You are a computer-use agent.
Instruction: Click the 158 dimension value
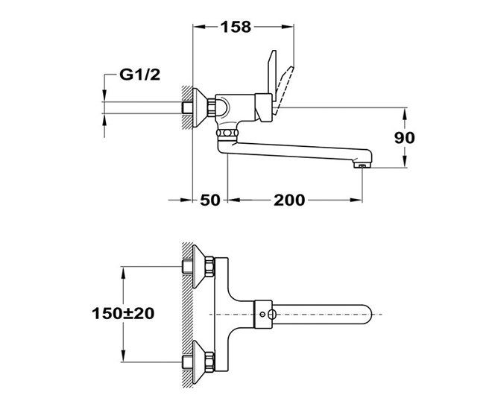point(236,27)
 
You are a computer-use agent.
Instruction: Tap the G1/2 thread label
point(139,75)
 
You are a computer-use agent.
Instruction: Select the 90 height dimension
point(405,138)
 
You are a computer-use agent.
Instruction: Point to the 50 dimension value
point(210,200)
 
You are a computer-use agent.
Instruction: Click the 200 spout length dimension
point(289,200)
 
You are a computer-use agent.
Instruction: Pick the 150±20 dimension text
point(123,313)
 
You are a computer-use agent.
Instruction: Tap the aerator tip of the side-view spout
point(362,165)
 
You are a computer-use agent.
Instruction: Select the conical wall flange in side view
point(199,107)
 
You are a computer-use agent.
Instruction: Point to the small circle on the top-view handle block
point(262,314)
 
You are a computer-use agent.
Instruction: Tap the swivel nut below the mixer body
point(227,133)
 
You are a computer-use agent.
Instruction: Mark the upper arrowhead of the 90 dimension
point(405,113)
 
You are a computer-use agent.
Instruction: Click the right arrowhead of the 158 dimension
point(288,27)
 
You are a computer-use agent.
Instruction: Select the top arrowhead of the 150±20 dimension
point(123,273)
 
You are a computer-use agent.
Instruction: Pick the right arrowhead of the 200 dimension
point(356,200)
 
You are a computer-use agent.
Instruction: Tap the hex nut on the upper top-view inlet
point(210,267)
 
